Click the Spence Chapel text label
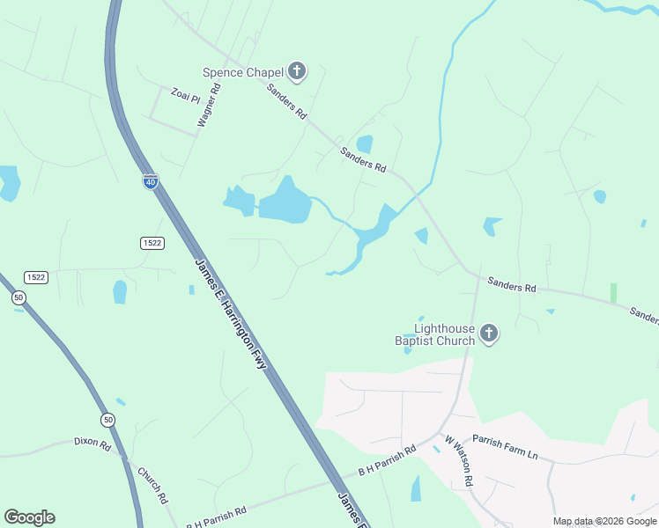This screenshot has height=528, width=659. [242, 72]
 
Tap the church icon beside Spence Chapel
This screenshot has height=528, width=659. [297, 71]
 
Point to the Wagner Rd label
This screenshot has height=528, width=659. [209, 106]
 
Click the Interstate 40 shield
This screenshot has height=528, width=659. [151, 181]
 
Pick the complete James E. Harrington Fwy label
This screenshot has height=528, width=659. [231, 312]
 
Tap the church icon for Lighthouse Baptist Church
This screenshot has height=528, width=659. [489, 334]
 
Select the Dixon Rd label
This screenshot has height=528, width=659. [93, 444]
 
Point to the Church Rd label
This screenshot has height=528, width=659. [152, 485]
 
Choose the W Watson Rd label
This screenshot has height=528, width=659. [459, 461]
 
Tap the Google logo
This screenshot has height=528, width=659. [29, 517]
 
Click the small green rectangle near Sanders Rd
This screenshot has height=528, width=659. [613, 293]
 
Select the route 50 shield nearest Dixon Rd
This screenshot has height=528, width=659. [107, 420]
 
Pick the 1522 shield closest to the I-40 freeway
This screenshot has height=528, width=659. [152, 242]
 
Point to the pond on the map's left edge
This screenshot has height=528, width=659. [9, 183]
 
